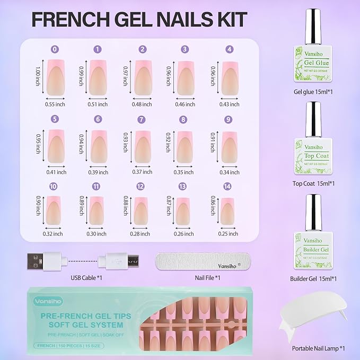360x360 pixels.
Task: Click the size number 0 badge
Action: pyautogui.click(x=55, y=49)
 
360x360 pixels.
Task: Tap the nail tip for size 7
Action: pyautogui.click(x=142, y=146)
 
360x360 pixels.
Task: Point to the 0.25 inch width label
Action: pyautogui.click(x=229, y=234)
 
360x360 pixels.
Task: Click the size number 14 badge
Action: pyautogui.click(x=229, y=186)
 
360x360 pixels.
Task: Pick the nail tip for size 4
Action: pyautogui.click(x=229, y=77)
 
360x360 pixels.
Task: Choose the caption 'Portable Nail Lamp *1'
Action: pyautogui.click(x=319, y=348)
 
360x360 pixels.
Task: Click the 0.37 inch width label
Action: pyautogui.click(x=142, y=172)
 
